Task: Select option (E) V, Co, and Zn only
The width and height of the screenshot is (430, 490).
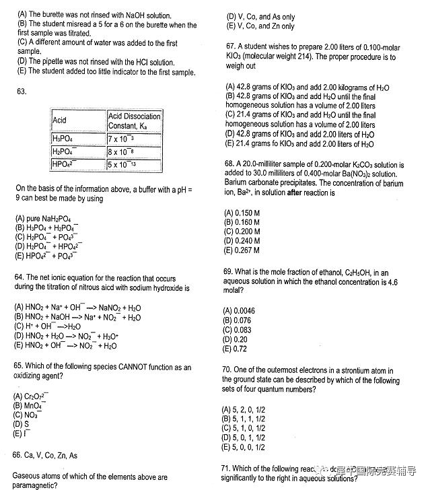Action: click(x=260, y=26)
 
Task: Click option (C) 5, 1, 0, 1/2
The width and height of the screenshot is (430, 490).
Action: click(x=243, y=428)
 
